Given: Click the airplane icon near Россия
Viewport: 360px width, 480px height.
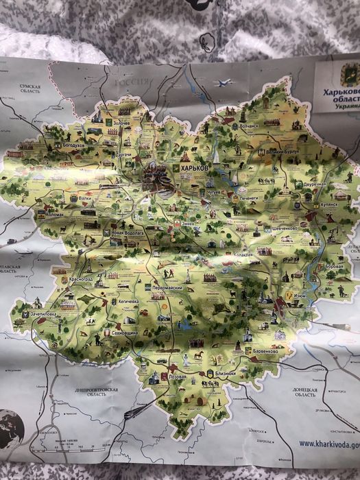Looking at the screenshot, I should tap(222, 83).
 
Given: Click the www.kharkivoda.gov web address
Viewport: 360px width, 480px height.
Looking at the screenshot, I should tap(328, 444).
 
